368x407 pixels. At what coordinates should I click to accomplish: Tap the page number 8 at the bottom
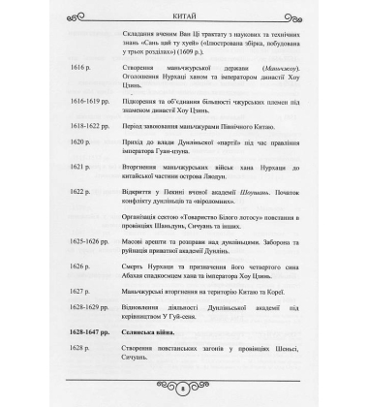[184, 387]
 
